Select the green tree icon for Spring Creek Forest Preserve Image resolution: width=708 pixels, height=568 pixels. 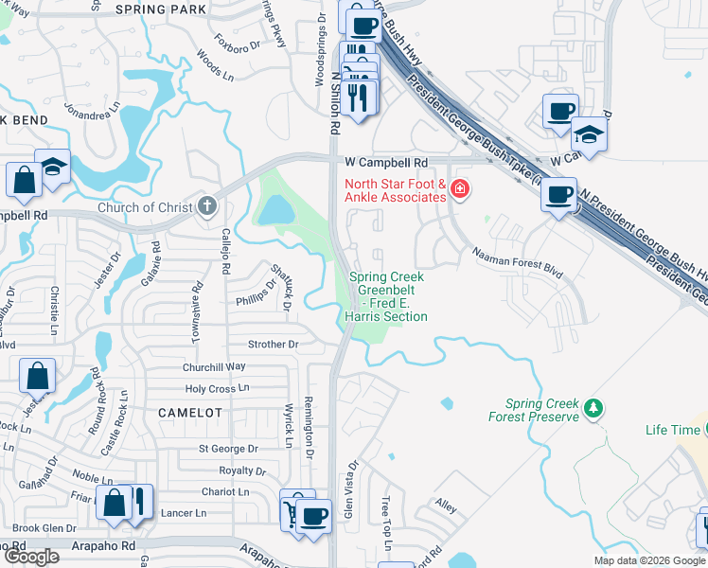click(x=593, y=408)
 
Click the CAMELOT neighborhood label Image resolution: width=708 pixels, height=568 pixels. click(x=190, y=413)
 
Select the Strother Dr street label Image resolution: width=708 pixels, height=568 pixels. click(x=273, y=345)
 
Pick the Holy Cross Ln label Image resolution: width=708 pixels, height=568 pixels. click(x=217, y=388)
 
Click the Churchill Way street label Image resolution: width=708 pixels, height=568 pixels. click(x=214, y=366)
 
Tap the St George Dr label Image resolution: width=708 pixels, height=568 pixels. click(x=228, y=449)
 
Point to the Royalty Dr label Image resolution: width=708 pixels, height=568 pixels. click(x=242, y=470)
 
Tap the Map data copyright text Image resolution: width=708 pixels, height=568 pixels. click(x=648, y=560)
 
